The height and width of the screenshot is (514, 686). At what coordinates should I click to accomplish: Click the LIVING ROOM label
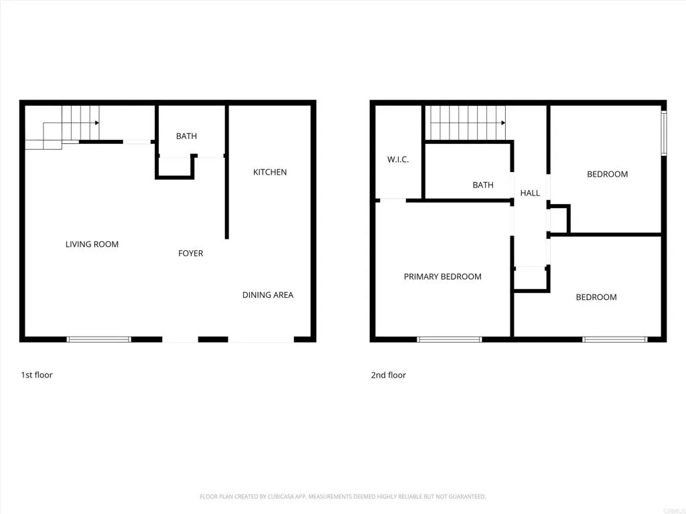(92, 244)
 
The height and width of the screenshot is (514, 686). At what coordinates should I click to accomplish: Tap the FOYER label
(190, 254)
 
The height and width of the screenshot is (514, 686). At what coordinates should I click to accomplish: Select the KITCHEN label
(270, 173)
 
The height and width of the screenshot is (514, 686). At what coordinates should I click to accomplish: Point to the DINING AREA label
(268, 295)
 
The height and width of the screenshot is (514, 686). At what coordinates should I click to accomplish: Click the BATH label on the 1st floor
(186, 137)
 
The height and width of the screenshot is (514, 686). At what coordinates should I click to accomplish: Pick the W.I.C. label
(398, 160)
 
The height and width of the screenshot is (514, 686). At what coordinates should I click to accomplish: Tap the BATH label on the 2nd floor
(483, 185)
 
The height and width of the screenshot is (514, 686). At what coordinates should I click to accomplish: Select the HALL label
(530, 193)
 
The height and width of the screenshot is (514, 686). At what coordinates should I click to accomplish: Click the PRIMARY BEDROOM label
(442, 277)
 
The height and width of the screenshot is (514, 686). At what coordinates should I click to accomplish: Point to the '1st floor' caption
(37, 375)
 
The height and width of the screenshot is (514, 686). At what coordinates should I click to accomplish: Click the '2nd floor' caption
(389, 375)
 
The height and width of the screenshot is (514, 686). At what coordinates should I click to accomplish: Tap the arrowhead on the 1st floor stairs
(97, 123)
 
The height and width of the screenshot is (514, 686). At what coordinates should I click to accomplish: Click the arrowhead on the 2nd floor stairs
(502, 123)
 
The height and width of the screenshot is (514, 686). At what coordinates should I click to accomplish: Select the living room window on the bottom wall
(99, 339)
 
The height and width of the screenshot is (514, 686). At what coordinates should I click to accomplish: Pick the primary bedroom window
(450, 339)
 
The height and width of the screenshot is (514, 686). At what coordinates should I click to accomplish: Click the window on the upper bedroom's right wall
(663, 132)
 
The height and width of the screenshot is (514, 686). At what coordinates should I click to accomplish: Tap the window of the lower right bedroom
(614, 339)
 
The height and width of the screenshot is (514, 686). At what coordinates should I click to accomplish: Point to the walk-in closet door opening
(393, 199)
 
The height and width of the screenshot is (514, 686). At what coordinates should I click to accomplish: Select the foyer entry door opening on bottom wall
(180, 339)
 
